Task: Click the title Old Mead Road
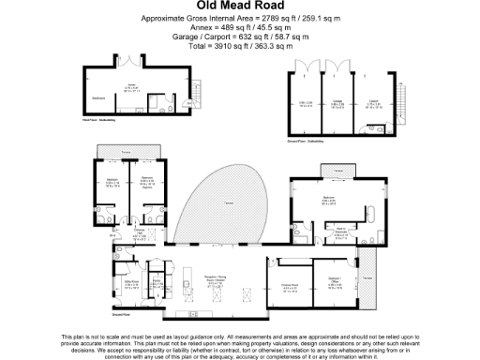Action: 239,7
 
